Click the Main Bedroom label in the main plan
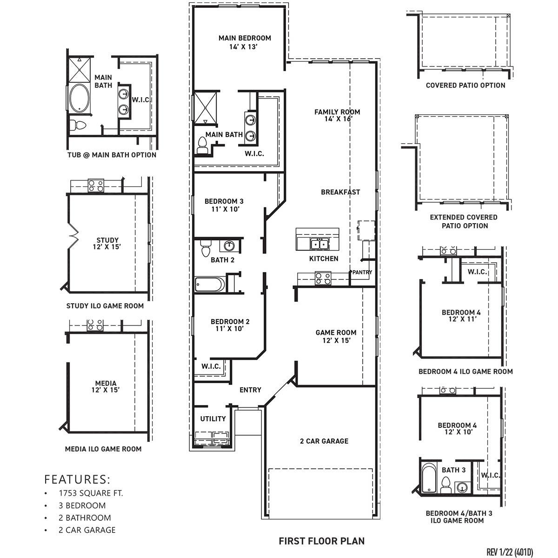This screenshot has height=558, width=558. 245,42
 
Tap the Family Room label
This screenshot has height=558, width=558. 337,115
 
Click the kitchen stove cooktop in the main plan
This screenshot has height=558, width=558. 323,278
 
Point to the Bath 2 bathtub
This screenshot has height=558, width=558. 210,284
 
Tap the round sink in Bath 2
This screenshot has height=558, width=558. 229,246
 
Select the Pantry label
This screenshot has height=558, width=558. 362,272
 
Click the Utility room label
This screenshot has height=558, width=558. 213,418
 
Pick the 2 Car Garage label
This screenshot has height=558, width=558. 324,441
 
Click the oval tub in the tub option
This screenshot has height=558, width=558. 80,98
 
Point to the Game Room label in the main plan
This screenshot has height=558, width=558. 336,336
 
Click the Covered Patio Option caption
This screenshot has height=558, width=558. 465,85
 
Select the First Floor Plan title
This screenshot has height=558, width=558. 321,541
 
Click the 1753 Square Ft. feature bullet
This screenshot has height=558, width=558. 91,493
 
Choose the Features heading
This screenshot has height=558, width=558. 77,479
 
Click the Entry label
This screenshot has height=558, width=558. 250,390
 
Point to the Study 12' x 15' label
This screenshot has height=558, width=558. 107,244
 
